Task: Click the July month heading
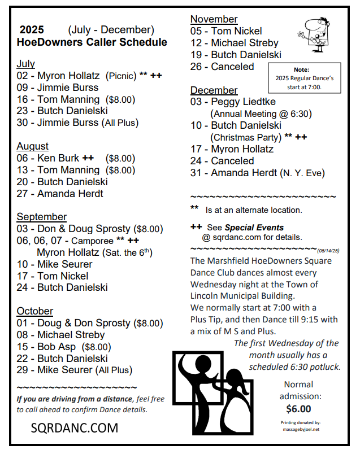(x=25, y=64)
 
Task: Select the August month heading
(x=32, y=146)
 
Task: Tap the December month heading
(x=214, y=90)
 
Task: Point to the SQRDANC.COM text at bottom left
(x=74, y=428)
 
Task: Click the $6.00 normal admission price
(x=298, y=408)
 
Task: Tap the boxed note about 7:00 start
(x=305, y=78)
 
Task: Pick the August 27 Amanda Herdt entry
(x=60, y=194)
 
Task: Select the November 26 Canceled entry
(x=222, y=67)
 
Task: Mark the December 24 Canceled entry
(x=222, y=161)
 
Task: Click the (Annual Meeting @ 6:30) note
(x=261, y=114)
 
